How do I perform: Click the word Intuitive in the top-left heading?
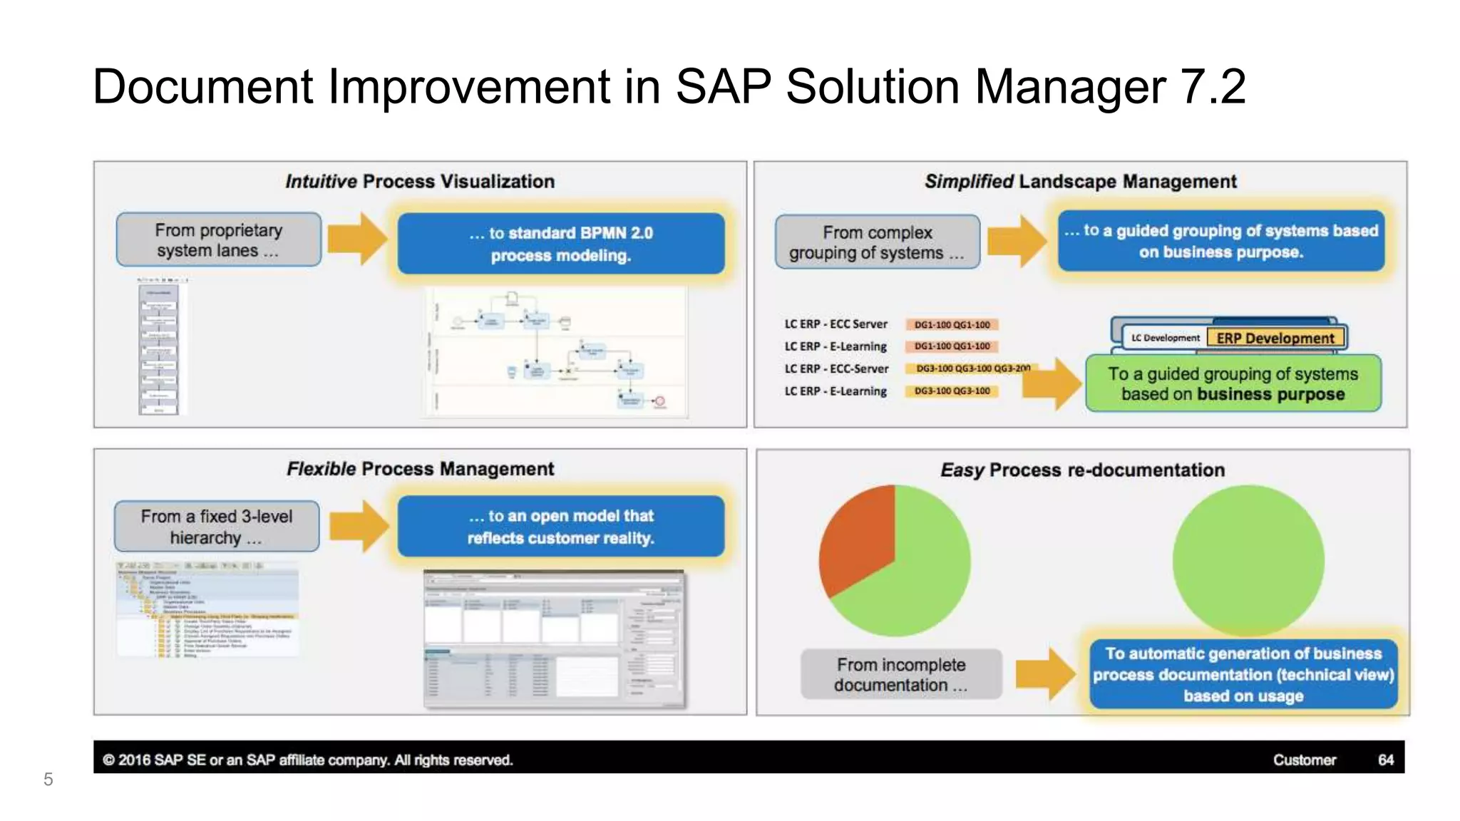tap(321, 182)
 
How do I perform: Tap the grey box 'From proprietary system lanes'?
tap(219, 240)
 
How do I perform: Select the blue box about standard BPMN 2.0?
tap(561, 244)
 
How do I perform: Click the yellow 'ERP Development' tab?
tap(1275, 338)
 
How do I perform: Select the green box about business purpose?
tap(1233, 384)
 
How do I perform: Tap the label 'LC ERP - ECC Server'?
tap(836, 324)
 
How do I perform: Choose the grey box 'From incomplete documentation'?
tap(901, 674)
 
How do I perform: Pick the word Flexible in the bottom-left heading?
tap(321, 469)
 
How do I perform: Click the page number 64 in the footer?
tap(1385, 760)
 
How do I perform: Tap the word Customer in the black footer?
tap(1304, 760)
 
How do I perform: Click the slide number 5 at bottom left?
tap(48, 779)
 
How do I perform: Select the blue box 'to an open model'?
tap(561, 527)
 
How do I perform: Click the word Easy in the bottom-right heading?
tap(962, 470)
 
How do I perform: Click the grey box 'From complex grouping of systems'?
tap(877, 242)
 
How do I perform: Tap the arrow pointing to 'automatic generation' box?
tap(1044, 673)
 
